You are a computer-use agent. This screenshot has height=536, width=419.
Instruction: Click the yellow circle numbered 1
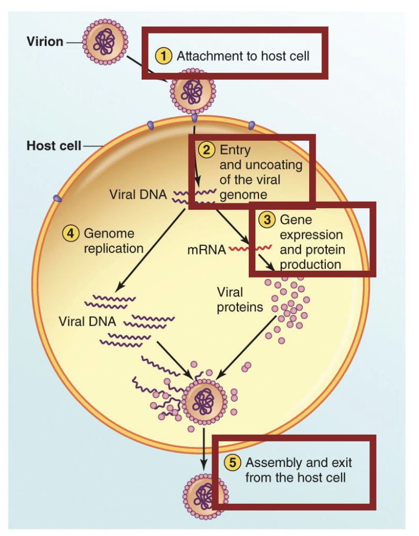point(164,56)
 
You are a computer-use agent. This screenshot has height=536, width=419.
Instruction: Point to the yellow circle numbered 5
point(233,463)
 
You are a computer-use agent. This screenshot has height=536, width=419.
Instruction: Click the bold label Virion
point(45,42)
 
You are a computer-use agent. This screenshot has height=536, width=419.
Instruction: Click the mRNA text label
point(206,250)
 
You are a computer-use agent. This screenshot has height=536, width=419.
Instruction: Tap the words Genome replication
point(113,241)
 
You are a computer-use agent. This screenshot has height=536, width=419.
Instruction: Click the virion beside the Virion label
point(104,42)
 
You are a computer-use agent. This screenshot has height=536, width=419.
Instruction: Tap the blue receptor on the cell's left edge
point(57,199)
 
